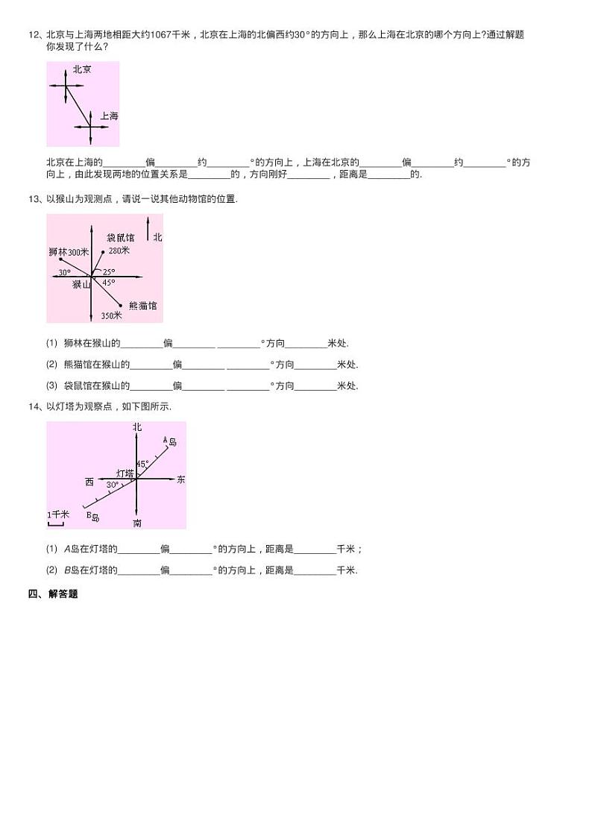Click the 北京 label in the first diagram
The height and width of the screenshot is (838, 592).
pyautogui.click(x=82, y=69)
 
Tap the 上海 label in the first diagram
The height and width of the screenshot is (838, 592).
pyautogui.click(x=109, y=116)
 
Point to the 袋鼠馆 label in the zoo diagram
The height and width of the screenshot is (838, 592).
pyautogui.click(x=120, y=237)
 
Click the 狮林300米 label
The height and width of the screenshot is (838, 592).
pyautogui.click(x=68, y=253)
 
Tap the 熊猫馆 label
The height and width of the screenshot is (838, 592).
pyautogui.click(x=142, y=306)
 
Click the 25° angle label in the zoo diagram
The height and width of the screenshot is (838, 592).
pyautogui.click(x=110, y=272)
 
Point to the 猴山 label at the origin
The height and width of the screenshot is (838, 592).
pyautogui.click(x=81, y=284)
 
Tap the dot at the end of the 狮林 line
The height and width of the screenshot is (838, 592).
pyautogui.click(x=60, y=259)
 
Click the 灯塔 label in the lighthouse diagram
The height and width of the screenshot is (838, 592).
pyautogui.click(x=125, y=473)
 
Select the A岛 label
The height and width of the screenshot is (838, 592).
pyautogui.click(x=170, y=441)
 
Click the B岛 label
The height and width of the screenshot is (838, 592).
pyautogui.click(x=92, y=516)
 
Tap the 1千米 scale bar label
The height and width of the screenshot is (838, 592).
pyautogui.click(x=57, y=514)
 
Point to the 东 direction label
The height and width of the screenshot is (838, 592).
pyautogui.click(x=180, y=479)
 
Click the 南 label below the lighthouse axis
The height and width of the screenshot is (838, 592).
pyautogui.click(x=137, y=523)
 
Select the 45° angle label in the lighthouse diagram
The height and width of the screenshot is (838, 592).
pyautogui.click(x=142, y=463)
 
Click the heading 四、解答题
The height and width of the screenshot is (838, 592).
pyautogui.click(x=53, y=594)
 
